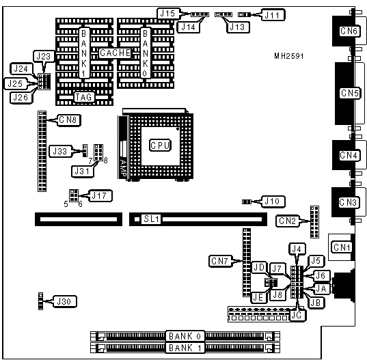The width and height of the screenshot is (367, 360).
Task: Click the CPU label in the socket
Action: coord(160,146)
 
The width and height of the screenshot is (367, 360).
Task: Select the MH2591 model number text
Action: coord(289,56)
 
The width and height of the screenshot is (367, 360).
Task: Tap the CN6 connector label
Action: coord(349,31)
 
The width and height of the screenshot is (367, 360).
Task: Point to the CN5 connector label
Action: coord(350,93)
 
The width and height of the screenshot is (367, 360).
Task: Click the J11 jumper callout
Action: coord(273,15)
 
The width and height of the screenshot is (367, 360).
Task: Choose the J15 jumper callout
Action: coord(168,14)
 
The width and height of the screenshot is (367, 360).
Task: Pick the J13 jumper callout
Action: coord(238,27)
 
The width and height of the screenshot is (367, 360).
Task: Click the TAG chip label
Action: coord(83,97)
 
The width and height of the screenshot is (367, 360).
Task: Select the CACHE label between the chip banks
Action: coord(115,53)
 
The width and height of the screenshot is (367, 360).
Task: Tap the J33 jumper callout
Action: coord(60,151)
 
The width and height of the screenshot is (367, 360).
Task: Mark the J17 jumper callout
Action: coord(99,195)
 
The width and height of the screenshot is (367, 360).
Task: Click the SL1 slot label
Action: coord(151,219)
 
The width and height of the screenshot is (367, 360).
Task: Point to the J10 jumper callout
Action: coord(273,202)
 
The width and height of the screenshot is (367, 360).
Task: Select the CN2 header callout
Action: coord(288,221)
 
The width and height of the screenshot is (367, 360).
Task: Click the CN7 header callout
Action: coord(219,261)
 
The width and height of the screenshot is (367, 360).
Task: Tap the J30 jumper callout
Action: coord(64,301)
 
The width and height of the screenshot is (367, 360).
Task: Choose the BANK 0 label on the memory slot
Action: coord(185,336)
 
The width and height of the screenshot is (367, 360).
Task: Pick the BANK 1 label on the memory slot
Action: coord(185,348)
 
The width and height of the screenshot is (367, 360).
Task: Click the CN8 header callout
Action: coord(68,120)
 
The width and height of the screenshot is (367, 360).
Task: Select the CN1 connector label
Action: coord(342,247)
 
